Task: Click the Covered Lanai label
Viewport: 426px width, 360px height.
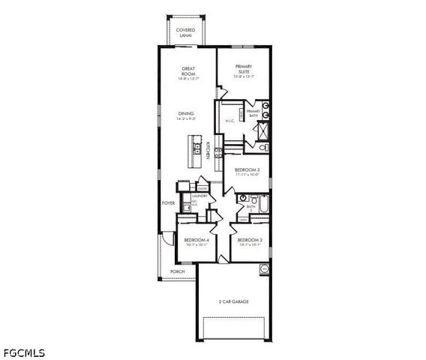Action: coord(185,32)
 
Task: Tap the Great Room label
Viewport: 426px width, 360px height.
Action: coord(188,71)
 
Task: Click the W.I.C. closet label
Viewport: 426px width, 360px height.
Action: coord(230,119)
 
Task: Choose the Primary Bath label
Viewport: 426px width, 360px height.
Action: coord(253,112)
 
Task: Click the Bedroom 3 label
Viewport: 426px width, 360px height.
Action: coord(247,171)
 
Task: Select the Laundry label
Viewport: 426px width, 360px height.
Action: coord(199,196)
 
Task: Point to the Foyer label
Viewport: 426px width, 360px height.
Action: coord(169,202)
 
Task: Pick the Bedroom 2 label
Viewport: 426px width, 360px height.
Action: coord(248,241)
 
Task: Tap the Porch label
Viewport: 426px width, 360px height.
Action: coord(178,271)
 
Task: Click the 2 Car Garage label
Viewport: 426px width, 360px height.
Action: coord(234,301)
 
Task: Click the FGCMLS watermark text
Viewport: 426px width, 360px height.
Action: coord(24,352)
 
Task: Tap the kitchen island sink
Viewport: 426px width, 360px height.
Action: coord(196,149)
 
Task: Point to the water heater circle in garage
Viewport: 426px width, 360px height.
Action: coord(264,268)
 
